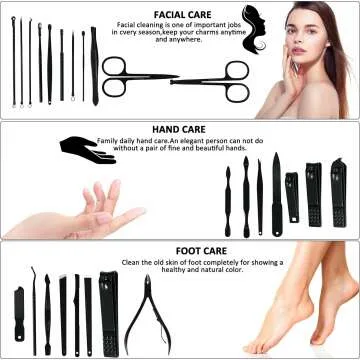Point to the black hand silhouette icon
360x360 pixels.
(88, 147)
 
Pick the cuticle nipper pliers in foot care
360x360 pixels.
(144, 315)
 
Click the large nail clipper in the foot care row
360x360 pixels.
(107, 310)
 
